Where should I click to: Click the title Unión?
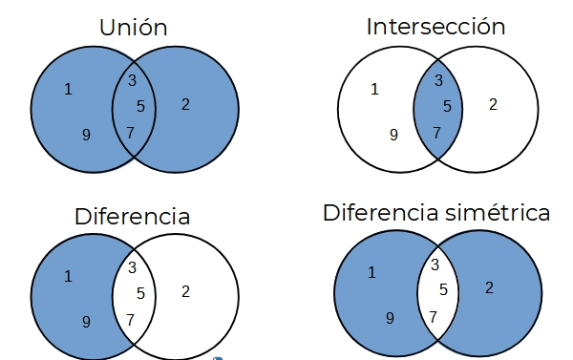click(x=134, y=28)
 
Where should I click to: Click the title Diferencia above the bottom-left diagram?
click(x=132, y=216)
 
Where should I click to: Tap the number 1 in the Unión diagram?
click(x=68, y=90)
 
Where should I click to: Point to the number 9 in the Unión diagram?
click(x=86, y=135)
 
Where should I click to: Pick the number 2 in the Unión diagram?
click(x=185, y=104)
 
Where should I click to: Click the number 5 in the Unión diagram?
click(x=140, y=106)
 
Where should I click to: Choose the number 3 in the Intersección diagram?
click(x=438, y=80)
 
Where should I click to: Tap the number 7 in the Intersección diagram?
click(x=436, y=132)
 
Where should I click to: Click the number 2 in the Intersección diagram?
click(x=493, y=104)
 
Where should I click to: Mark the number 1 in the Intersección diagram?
click(x=374, y=90)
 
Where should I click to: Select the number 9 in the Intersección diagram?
click(x=393, y=135)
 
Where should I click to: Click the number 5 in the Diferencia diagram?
click(x=140, y=294)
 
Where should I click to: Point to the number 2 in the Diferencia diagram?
click(x=185, y=291)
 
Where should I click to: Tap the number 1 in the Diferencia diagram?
click(x=68, y=277)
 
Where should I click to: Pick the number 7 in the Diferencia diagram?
click(x=131, y=319)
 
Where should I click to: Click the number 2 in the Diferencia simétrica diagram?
click(x=489, y=287)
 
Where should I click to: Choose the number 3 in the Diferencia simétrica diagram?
click(x=435, y=265)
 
